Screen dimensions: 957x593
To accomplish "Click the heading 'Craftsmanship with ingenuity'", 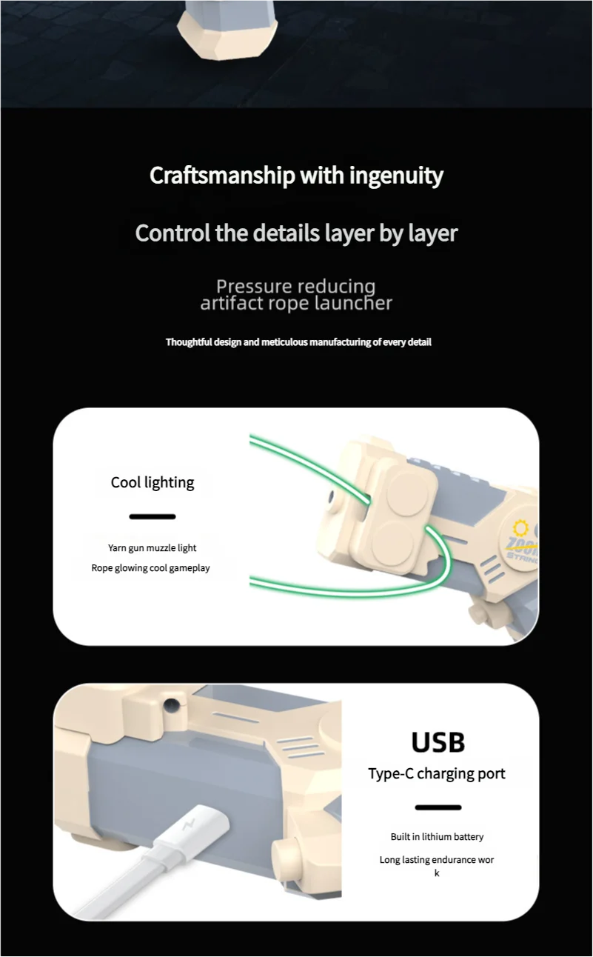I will click(x=296, y=176).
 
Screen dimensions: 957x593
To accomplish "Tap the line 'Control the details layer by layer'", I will click(x=296, y=233).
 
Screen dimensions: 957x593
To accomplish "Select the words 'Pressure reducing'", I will click(x=296, y=286).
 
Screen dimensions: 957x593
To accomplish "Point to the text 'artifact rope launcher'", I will click(x=296, y=303).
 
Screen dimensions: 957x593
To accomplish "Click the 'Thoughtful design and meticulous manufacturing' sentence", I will click(x=298, y=342).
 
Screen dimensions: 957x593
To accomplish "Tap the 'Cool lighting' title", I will click(x=153, y=483).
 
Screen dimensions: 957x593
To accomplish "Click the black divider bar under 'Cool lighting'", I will click(x=153, y=516).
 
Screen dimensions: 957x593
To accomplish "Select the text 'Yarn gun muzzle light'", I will click(x=153, y=548).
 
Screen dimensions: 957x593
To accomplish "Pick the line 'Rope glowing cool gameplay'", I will click(x=151, y=568).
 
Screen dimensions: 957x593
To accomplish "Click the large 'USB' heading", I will click(x=438, y=742).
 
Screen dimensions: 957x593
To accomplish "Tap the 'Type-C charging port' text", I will click(x=437, y=774).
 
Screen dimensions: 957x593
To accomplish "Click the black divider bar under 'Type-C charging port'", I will click(x=438, y=807).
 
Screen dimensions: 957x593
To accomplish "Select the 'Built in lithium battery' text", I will click(x=437, y=837).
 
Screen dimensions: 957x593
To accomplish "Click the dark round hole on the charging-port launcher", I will click(x=172, y=704).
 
